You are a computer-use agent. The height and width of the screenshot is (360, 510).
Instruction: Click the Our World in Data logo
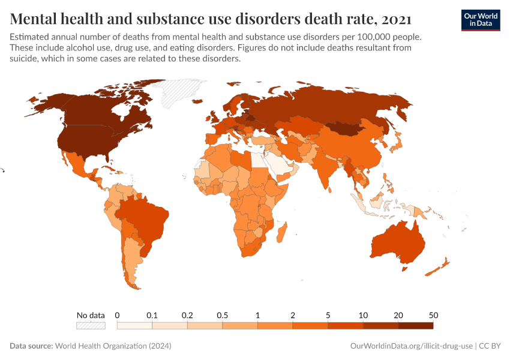click(480, 20)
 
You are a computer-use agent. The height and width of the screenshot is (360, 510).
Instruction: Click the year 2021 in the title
click(396, 19)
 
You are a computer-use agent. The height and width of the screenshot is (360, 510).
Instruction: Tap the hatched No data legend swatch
click(91, 325)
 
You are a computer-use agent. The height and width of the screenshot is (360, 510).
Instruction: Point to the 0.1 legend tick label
click(152, 315)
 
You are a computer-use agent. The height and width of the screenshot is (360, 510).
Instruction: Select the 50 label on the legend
click(433, 315)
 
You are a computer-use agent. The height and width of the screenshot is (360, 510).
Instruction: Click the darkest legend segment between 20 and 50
click(415, 325)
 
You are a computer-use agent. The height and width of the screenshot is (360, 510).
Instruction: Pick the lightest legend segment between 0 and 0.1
click(134, 325)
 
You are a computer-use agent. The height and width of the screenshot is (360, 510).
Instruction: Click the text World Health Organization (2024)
click(113, 346)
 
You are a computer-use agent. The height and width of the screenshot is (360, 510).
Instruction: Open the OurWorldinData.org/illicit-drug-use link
click(412, 346)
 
